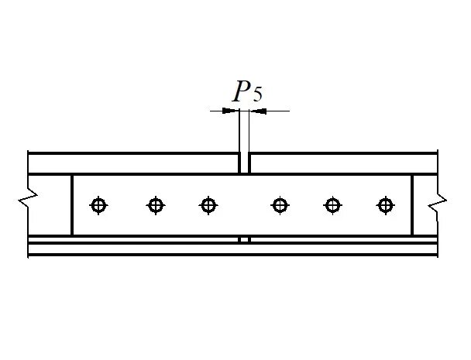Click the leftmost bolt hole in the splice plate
(x=98, y=205)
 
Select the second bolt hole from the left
(x=156, y=205)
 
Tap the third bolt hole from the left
(x=208, y=205)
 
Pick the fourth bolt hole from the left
(x=280, y=205)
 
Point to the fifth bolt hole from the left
(x=332, y=205)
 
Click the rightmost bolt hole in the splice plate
(x=384, y=205)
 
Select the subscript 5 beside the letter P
(x=258, y=96)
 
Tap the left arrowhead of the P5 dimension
(x=232, y=111)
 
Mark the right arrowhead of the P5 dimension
(x=256, y=111)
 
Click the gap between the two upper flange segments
(x=244, y=163)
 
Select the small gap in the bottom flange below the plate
(x=244, y=240)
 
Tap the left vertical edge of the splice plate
(x=72, y=205)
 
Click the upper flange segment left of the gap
(x=132, y=163)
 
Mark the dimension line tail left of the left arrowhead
(x=217, y=111)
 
